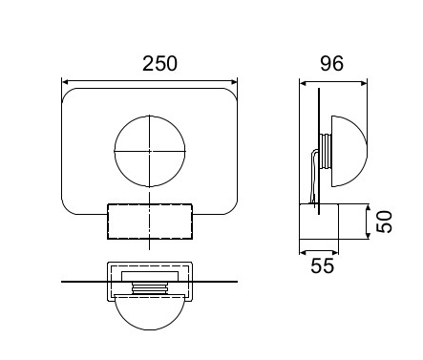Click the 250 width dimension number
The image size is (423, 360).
coord(159,64)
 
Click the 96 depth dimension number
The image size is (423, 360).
coord(331,63)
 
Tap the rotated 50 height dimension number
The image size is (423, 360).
coord(384,222)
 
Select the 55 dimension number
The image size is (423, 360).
coord(323,265)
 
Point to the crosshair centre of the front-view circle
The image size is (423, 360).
coord(150,151)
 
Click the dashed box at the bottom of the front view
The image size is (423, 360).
coord(108,222)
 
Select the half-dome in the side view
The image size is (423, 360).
coord(366,151)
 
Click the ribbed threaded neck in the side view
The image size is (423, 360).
coord(326,151)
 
